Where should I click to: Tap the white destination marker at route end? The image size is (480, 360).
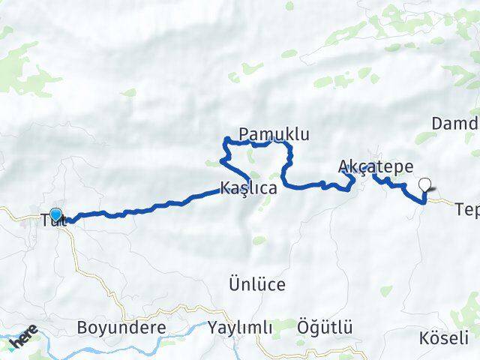click(x=426, y=185)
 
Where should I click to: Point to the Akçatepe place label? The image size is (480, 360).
click(x=376, y=166)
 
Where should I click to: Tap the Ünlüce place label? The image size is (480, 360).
click(x=257, y=284)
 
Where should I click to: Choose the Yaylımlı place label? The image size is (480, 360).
click(x=240, y=328)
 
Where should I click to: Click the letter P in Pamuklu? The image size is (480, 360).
click(x=244, y=134)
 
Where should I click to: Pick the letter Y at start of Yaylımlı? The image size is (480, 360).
click(x=213, y=328)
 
